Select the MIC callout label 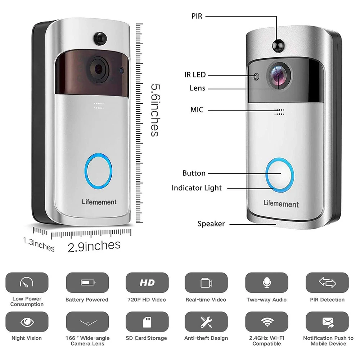pyautogui.click(x=197, y=110)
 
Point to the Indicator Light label pyautogui.click(x=197, y=188)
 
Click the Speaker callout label pyautogui.click(x=211, y=224)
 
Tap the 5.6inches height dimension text pyautogui.click(x=154, y=110)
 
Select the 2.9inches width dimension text pyautogui.click(x=94, y=246)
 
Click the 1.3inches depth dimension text pyautogui.click(x=39, y=244)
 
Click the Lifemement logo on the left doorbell pyautogui.click(x=99, y=202)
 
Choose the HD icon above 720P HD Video pyautogui.click(x=147, y=283)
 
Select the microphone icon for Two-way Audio pyautogui.click(x=266, y=283)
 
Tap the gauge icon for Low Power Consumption pyautogui.click(x=27, y=283)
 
